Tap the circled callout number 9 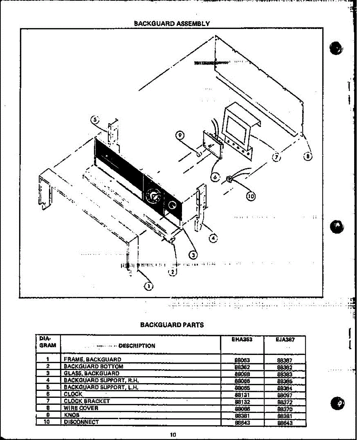point(180,135)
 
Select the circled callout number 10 point(251,196)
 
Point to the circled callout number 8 point(308,157)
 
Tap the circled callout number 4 point(212,238)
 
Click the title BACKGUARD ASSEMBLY point(172,23)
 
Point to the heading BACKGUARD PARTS point(172,324)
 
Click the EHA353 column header point(242,340)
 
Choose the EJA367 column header point(285,340)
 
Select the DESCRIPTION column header point(137,346)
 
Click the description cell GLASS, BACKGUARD point(91,373)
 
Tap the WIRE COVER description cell point(81,408)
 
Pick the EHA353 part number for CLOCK point(242,395)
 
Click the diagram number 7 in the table point(48,401)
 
